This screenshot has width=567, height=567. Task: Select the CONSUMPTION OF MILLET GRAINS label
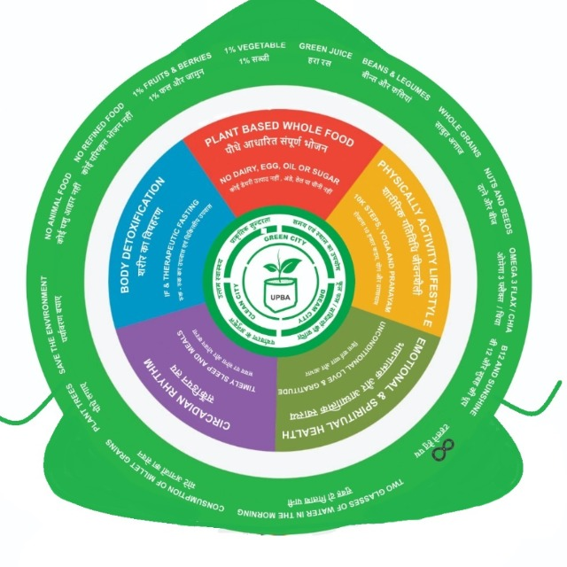[x=168, y=479]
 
